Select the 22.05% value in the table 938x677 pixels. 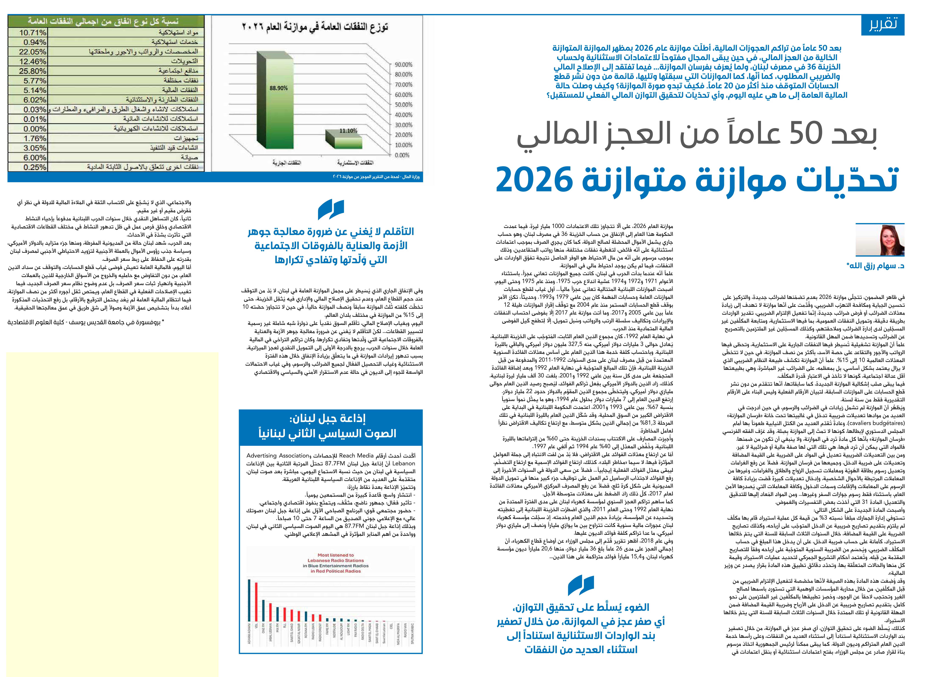pos(33,52)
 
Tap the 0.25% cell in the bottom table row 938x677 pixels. pos(33,167)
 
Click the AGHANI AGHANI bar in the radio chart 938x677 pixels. pos(249,605)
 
